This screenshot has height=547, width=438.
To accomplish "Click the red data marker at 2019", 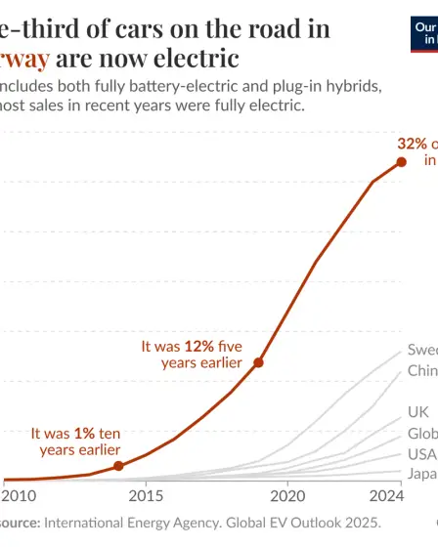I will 258,362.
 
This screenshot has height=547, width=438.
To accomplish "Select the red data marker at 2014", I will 118,466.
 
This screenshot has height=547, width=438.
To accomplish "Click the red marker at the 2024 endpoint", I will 401,162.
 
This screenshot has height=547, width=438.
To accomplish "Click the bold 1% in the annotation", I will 85,432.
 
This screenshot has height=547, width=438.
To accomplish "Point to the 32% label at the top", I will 411,143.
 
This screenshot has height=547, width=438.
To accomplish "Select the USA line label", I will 421,454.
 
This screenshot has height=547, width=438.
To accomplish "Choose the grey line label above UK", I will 421,371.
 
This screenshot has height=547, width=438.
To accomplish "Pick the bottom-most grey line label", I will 421,475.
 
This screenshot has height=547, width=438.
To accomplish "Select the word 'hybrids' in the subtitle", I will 353,85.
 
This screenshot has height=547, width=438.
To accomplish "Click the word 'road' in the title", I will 268,27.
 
